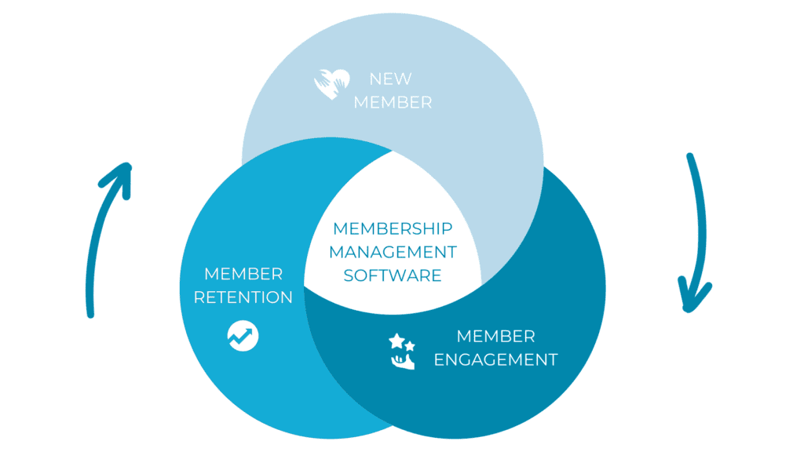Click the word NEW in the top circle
(390, 79)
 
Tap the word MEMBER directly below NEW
(393, 103)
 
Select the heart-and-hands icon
(332, 83)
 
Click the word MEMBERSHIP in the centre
(393, 228)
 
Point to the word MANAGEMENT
(393, 252)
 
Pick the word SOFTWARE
(393, 275)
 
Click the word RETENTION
(243, 297)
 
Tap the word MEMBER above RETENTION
(243, 274)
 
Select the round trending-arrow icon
(243, 336)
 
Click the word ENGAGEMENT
(496, 359)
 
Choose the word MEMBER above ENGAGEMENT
(496, 336)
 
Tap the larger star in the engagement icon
(397, 341)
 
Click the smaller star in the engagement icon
(410, 346)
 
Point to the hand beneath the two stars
(403, 362)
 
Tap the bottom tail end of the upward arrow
(91, 315)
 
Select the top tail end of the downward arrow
(690, 156)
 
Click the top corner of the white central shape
(393, 151)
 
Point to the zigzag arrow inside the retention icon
(241, 336)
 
